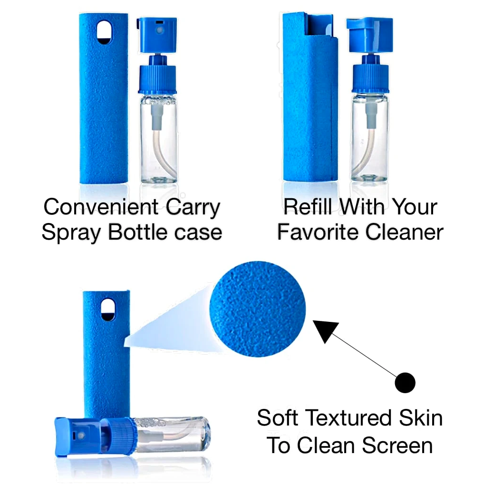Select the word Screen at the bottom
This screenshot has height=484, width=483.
[397, 445]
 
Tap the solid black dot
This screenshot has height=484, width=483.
[405, 382]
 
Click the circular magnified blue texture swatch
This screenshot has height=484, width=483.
[258, 309]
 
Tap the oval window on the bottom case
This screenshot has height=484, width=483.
[108, 310]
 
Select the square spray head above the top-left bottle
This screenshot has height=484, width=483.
[157, 35]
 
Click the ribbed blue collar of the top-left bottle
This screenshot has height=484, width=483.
[157, 79]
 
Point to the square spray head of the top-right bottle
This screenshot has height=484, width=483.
[369, 35]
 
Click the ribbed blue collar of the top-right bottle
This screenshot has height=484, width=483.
[370, 79]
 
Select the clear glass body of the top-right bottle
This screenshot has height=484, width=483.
[370, 137]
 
